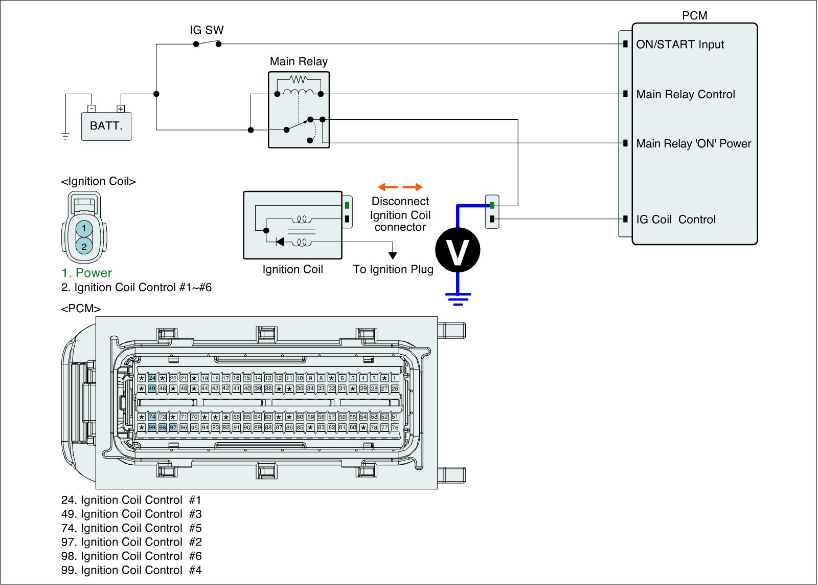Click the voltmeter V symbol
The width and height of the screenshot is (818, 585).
point(458,249)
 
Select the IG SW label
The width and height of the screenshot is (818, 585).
point(207,30)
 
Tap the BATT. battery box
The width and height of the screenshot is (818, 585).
point(106,126)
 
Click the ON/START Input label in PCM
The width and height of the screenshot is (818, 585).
point(680,45)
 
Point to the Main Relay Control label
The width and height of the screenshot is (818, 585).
point(686,95)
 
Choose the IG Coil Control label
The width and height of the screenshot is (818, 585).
point(676,220)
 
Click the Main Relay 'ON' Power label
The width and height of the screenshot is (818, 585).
point(694,144)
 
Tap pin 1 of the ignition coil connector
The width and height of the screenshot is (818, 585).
point(84,228)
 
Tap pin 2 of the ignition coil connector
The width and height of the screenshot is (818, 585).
point(84,246)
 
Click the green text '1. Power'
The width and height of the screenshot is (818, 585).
point(86,273)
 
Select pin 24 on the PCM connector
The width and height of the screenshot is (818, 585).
point(152,378)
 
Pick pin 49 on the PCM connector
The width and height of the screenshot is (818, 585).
point(152,389)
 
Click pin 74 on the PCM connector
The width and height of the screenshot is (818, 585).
point(152,417)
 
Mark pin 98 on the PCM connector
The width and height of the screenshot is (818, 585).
point(163,427)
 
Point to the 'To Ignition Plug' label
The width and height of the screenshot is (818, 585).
point(393,269)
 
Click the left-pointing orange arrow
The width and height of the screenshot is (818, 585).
point(387,187)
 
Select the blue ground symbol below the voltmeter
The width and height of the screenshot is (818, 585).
point(458,297)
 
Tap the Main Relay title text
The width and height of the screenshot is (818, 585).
point(299,62)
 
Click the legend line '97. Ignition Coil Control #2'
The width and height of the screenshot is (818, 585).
point(131,542)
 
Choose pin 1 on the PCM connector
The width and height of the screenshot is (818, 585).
point(395,378)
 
